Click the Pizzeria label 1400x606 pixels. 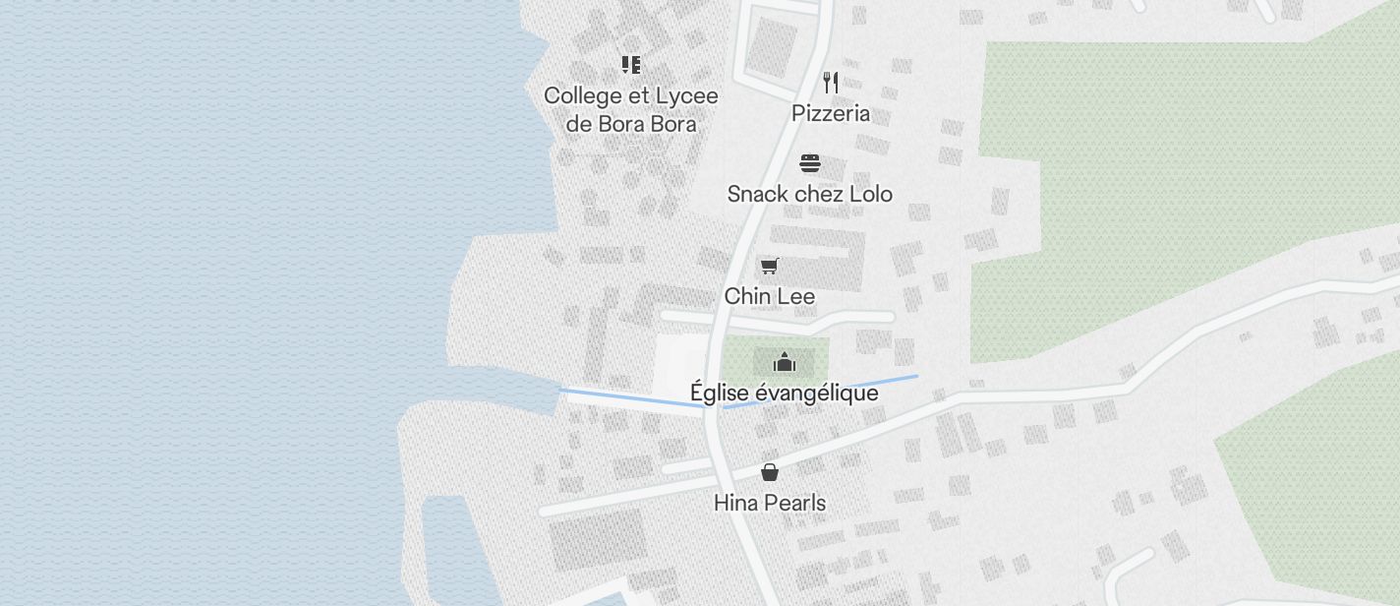831,113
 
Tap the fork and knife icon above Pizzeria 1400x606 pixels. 831,82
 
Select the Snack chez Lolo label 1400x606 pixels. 810,194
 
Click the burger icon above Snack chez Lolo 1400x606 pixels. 810,163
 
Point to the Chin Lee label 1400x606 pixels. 770,296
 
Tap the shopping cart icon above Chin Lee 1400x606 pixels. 770,266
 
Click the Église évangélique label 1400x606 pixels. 784,394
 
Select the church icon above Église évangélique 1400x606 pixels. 784,363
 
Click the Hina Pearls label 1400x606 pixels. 770,503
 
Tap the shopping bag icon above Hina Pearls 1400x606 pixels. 770,473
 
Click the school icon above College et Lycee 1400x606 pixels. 631,65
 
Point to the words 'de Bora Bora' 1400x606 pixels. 631,124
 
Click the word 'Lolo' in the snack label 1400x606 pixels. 871,194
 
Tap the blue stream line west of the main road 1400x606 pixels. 629,398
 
